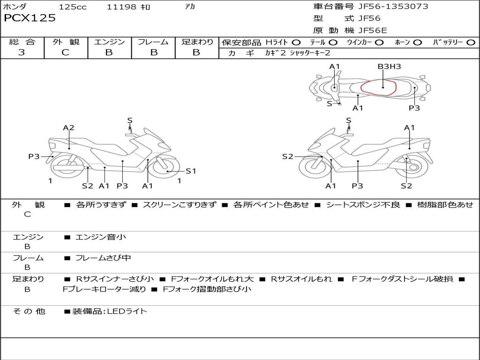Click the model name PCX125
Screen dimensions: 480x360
coord(30,18)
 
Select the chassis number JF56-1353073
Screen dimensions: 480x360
coord(386,7)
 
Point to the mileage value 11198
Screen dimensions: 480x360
coord(121,7)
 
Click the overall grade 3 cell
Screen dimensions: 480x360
coord(22,52)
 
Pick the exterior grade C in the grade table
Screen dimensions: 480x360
coord(66,52)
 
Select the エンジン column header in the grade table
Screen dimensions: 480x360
coord(109,42)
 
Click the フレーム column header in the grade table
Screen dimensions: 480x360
coord(153,42)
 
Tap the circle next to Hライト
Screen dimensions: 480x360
coord(296,43)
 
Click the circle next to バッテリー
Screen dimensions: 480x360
coord(471,43)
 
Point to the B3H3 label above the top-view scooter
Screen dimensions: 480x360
coord(389,67)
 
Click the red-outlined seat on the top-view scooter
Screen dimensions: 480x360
coord(379,87)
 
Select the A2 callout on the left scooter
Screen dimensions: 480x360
coord(69,127)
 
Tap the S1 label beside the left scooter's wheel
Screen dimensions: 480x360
coord(191,171)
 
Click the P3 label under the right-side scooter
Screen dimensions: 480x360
coord(357,186)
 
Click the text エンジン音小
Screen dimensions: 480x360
coord(101,237)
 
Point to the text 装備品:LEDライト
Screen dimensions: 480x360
coord(110,311)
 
